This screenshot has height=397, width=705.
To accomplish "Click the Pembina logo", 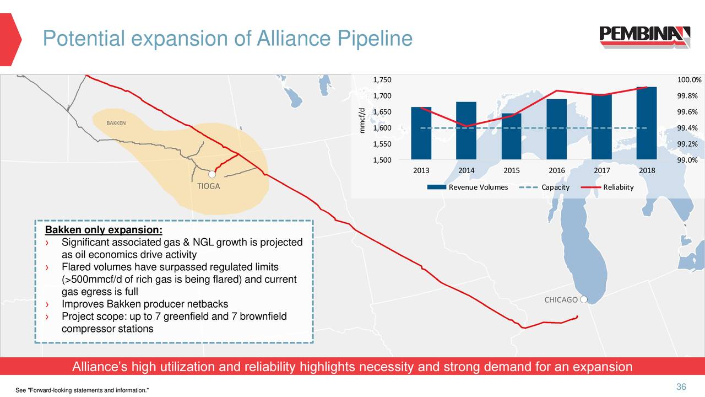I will point(644,37).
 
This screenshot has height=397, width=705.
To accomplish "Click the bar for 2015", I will point(512,137).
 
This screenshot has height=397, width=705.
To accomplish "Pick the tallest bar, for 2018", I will point(647,124).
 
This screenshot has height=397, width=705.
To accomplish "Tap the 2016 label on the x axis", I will point(557,170).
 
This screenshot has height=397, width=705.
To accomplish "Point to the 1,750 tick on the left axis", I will point(382,81).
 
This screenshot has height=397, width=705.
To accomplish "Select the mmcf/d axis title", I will point(362,121).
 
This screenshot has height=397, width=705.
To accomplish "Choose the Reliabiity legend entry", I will point(618,187).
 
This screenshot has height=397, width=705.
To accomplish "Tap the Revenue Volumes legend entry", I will point(471,187).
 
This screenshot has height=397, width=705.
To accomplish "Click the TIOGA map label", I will point(209,186).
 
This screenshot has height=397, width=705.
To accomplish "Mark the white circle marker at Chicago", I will point(584,299).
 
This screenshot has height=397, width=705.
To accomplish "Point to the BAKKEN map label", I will point(116,122).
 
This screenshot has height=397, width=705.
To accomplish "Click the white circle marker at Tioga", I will point(211,174).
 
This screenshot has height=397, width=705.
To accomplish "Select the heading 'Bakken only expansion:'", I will point(104,230).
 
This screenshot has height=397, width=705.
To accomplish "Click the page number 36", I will point(681,387).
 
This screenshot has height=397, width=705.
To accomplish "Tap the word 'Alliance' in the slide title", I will point(283,39).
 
